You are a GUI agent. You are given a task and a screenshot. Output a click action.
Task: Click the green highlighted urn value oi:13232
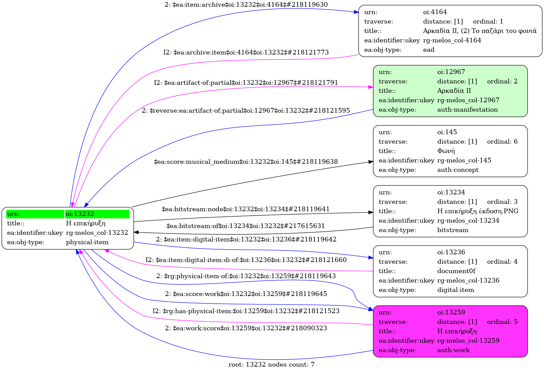click(x=80, y=214)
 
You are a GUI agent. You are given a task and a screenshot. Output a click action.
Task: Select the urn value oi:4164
click(x=435, y=12)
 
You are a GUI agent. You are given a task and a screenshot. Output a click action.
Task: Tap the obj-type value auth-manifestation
click(x=467, y=110)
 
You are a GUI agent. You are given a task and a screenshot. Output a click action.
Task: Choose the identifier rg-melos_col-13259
click(x=468, y=341)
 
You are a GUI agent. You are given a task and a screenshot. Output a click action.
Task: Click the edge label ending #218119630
click(x=246, y=5)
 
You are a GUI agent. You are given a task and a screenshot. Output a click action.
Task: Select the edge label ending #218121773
click(x=246, y=52)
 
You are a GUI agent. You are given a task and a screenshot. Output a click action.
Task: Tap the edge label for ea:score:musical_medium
click(x=246, y=162)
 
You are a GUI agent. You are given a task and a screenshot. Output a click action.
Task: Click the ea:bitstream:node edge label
click(x=246, y=209)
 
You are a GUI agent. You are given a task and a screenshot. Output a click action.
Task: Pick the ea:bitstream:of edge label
click(x=246, y=226)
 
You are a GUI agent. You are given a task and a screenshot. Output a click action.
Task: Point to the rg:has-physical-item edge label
click(x=246, y=311)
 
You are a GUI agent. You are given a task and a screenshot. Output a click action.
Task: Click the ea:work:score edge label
click(x=246, y=328)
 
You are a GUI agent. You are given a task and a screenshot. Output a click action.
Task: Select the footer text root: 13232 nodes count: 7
click(x=272, y=365)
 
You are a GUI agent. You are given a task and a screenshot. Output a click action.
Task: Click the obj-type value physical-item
click(x=87, y=242)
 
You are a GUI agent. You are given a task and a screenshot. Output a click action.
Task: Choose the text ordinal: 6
click(x=502, y=142)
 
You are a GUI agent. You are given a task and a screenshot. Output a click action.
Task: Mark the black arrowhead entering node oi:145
click(x=371, y=162)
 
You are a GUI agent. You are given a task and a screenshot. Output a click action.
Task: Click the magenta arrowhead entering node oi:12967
click(x=371, y=87)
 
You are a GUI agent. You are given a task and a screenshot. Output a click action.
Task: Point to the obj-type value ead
click(x=429, y=50)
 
